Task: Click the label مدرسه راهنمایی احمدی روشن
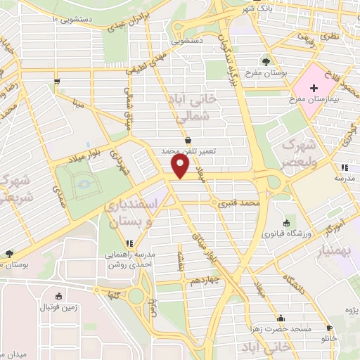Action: click(130, 260)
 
